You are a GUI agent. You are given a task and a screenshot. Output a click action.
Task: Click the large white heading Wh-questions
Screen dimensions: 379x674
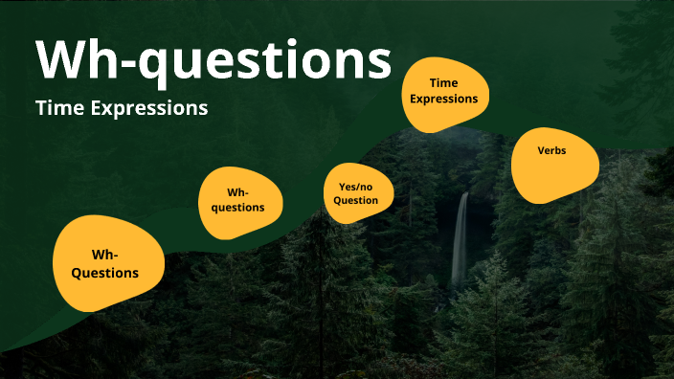pos(213,59)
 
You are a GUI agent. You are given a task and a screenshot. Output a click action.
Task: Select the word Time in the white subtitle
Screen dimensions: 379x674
pos(56,108)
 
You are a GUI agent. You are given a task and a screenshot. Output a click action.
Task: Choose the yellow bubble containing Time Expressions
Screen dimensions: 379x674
pos(444,95)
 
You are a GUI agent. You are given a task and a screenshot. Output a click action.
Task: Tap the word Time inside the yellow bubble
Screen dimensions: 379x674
pos(444,83)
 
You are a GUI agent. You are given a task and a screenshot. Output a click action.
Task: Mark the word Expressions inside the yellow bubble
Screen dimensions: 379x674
pos(444,98)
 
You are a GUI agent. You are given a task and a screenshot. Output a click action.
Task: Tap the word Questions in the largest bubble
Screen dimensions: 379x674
pos(105,273)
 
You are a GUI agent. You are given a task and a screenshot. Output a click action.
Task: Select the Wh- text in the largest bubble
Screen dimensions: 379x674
pos(104,255)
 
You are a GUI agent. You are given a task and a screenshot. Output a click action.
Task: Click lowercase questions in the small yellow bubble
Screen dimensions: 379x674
pos(238,207)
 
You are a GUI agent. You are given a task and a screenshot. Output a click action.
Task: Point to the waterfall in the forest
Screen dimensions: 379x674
pos(461,239)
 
